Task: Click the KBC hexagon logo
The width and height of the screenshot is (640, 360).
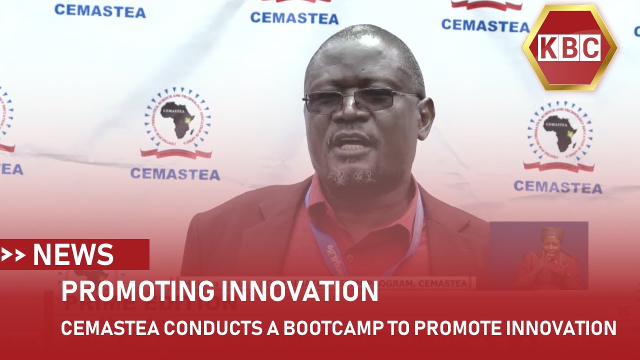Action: pos(569,48)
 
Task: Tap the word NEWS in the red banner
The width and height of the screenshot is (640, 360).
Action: pos(73,255)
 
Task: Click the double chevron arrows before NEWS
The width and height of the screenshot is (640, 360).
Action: pos(13,255)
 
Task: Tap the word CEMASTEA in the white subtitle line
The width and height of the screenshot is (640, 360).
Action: pos(110,328)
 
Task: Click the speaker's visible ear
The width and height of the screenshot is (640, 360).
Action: pos(426,117)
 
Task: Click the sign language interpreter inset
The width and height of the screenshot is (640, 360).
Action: pos(538,255)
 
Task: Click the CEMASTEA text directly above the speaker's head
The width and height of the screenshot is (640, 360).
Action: pos(294,18)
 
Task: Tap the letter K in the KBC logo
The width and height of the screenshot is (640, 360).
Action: pos(548,48)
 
